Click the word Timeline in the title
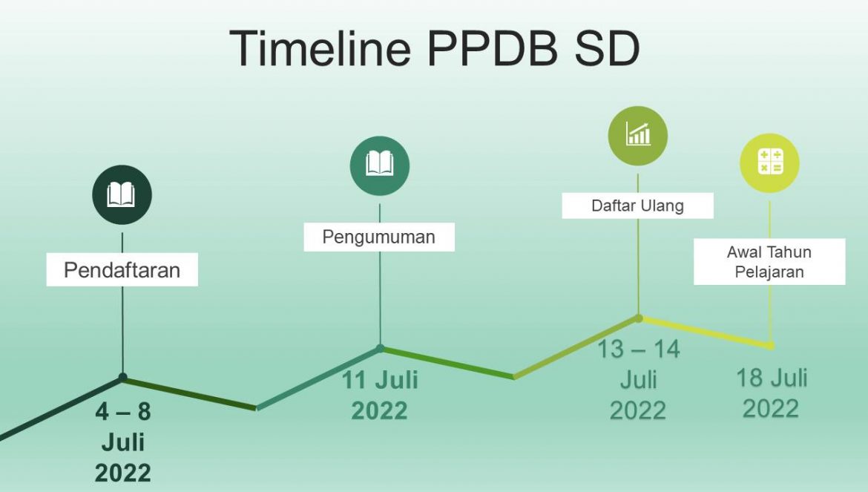[320, 48]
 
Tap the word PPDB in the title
[493, 48]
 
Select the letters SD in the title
[608, 48]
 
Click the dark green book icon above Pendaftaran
[122, 194]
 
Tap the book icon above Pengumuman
[380, 165]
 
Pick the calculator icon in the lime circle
[769, 163]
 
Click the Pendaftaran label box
[122, 269]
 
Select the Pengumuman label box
[379, 237]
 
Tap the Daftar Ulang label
[638, 206]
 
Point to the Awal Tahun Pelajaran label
[769, 262]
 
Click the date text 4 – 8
[122, 411]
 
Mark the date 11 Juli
[380, 380]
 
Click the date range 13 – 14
[638, 350]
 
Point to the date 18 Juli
[771, 378]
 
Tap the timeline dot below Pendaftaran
[122, 378]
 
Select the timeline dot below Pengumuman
[380, 349]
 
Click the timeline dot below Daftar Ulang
[638, 318]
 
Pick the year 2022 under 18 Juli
[771, 409]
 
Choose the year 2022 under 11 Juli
[379, 410]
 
